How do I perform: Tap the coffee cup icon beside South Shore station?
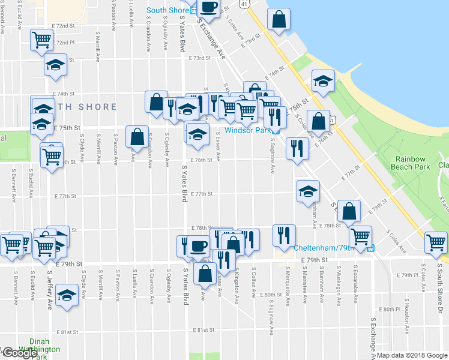[x=208, y=8]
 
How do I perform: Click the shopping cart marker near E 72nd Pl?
[x=42, y=40]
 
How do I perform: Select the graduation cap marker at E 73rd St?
[x=56, y=65]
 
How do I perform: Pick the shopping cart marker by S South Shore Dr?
[x=436, y=244]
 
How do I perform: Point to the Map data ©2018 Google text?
[x=412, y=355]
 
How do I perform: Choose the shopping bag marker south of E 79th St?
[x=205, y=274]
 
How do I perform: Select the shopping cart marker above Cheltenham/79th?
[x=360, y=236]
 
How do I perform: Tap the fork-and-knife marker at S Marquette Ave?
[x=284, y=235]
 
